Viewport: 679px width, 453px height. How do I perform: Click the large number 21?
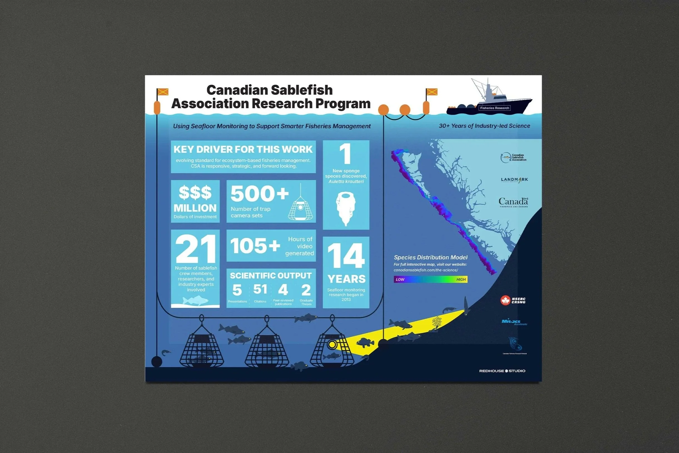(195, 248)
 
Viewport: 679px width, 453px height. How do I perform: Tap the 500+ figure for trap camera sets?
(259, 194)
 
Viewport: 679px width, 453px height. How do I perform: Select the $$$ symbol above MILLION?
(195, 193)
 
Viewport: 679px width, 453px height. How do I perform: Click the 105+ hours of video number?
(255, 246)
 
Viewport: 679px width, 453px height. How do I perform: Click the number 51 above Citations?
(260, 289)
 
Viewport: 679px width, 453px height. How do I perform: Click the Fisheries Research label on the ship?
(494, 108)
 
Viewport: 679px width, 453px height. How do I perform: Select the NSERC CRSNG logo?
(513, 300)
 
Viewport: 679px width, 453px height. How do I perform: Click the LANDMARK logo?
(514, 180)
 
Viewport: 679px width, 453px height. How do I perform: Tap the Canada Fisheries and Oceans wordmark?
(513, 202)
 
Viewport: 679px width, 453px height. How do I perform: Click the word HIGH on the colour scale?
(461, 279)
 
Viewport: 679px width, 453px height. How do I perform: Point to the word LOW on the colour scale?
(400, 279)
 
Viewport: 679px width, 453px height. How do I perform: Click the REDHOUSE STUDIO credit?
(502, 371)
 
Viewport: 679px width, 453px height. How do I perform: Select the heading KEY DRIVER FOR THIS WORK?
(243, 149)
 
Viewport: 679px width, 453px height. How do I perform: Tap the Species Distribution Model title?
(431, 258)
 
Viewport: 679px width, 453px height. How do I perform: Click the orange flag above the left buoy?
(163, 92)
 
